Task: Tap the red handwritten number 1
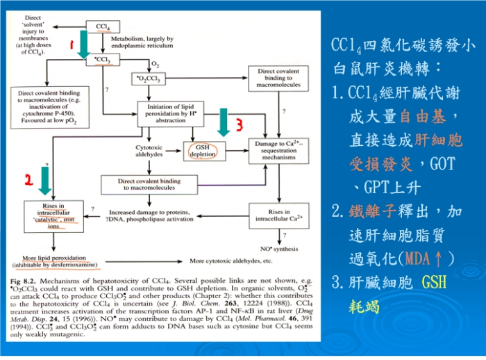click(x=71, y=44)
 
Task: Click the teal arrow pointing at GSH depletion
click(x=224, y=123)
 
